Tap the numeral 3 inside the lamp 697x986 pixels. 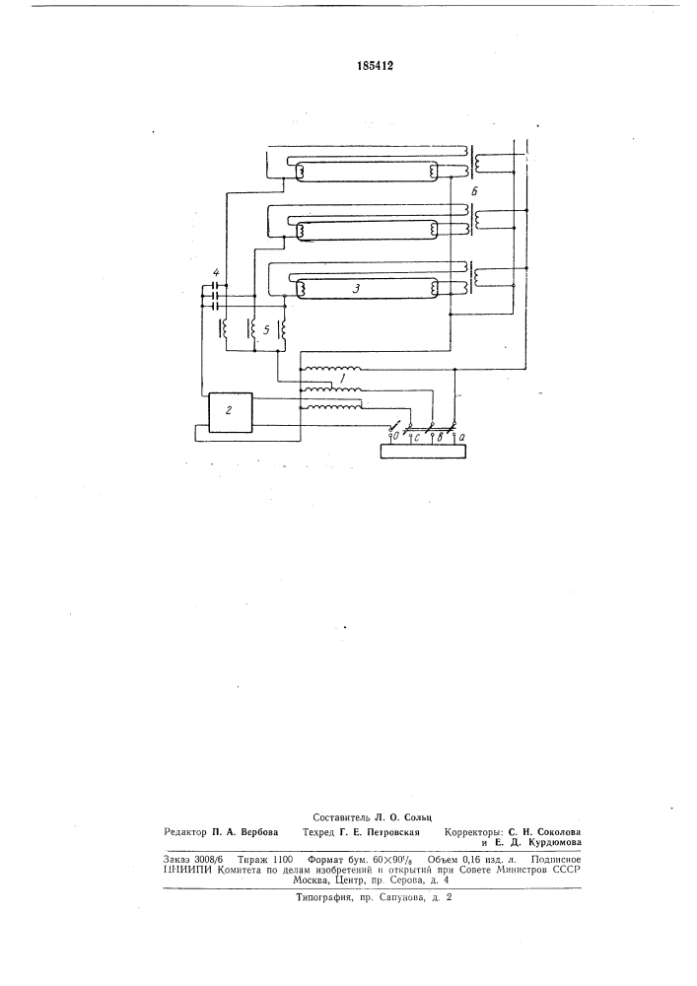click(x=356, y=289)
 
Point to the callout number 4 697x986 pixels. click(x=216, y=273)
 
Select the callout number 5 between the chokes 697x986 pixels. click(x=266, y=329)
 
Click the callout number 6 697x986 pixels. click(x=474, y=193)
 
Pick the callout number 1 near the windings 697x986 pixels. click(x=341, y=379)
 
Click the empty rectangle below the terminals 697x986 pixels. click(x=424, y=451)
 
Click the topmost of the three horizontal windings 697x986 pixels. click(x=330, y=369)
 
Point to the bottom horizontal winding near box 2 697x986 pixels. click(x=330, y=407)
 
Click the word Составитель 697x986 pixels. click(x=343, y=817)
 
